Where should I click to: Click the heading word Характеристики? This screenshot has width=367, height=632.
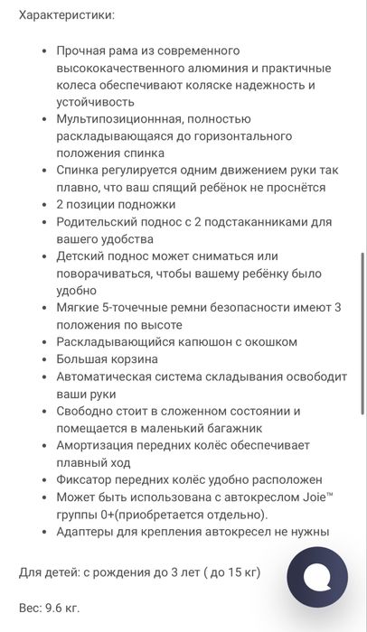(x=66, y=15)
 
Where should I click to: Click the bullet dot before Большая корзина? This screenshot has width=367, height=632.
(x=43, y=359)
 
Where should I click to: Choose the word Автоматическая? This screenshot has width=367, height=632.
(x=113, y=376)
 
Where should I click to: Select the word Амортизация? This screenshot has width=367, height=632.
(x=101, y=445)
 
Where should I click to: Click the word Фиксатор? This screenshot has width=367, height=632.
(x=87, y=479)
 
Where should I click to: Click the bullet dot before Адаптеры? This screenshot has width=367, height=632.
(x=43, y=532)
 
